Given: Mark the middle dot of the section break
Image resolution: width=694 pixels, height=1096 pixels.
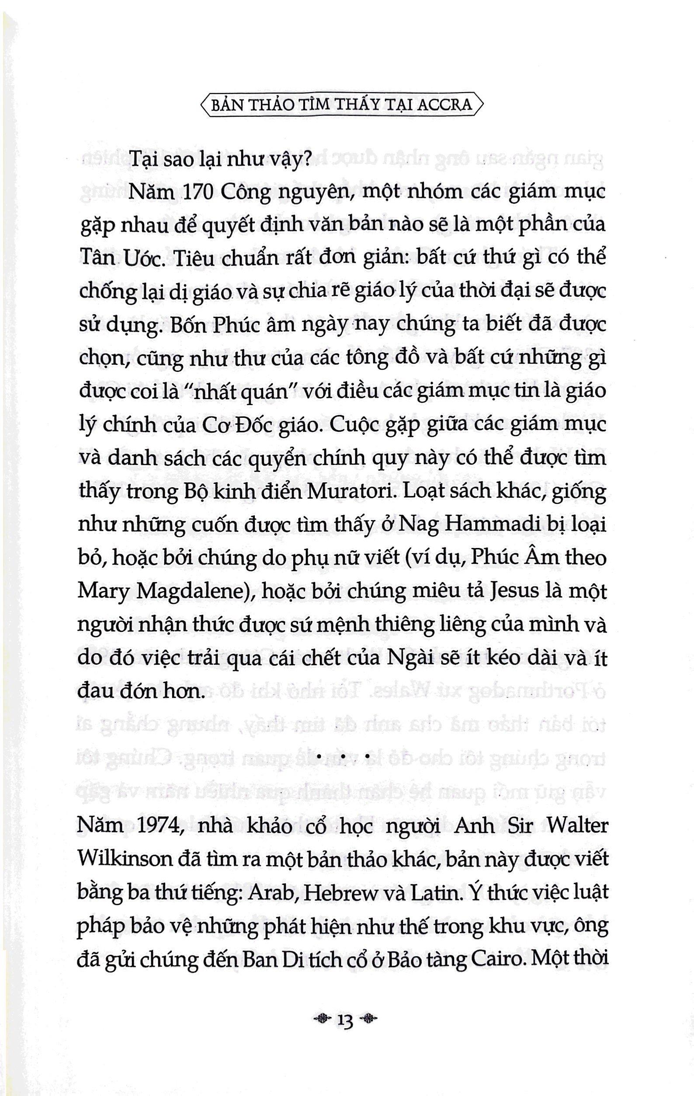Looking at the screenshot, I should tap(344, 756).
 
